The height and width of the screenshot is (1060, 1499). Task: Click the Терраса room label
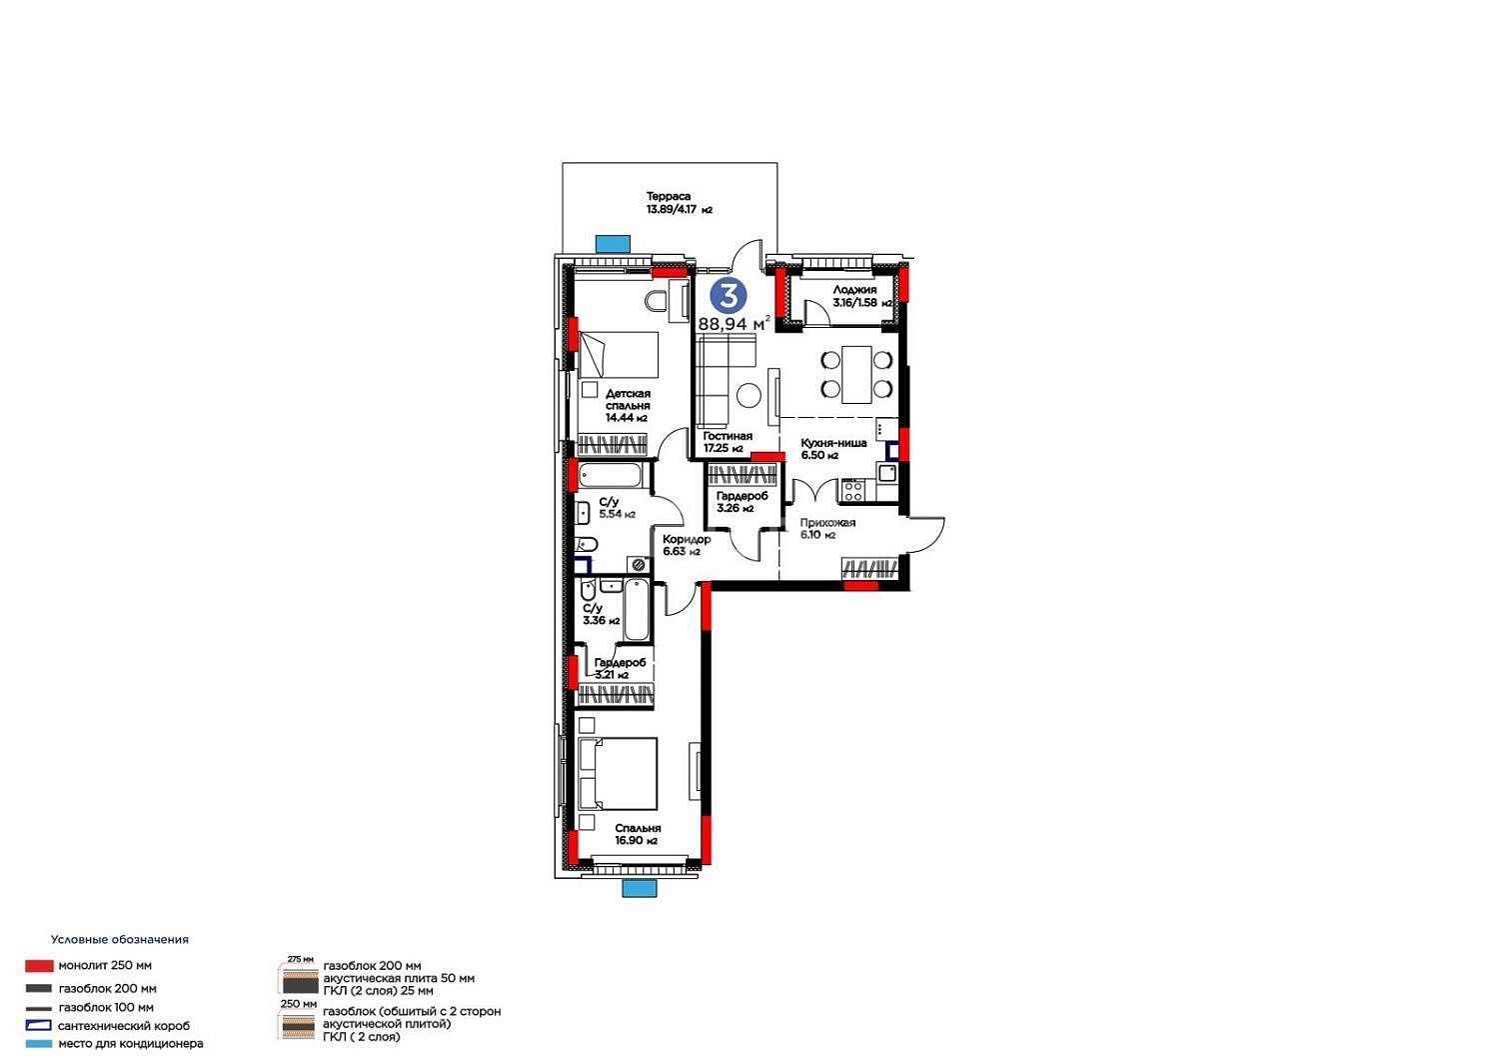(668, 196)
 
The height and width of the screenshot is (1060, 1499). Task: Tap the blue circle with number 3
(729, 295)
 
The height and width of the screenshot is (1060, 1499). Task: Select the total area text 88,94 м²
(735, 323)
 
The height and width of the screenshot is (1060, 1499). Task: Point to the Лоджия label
(854, 290)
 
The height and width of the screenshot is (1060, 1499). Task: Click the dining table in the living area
(856, 374)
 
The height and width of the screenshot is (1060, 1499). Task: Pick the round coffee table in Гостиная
(749, 395)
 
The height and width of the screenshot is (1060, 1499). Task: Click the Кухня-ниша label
(833, 443)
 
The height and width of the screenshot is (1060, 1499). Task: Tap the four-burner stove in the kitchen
(852, 491)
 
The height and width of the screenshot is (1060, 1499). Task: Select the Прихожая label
(827, 522)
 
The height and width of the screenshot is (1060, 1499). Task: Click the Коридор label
(687, 539)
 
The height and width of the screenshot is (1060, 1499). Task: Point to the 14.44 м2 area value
(627, 418)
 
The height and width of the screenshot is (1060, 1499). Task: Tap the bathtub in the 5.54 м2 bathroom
(610, 476)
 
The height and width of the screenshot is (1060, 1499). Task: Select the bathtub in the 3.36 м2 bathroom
(636, 610)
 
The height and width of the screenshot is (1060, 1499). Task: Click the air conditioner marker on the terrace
(613, 244)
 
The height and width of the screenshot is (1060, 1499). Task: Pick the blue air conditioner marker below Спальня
(640, 889)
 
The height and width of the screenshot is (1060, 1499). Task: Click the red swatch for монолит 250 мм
(39, 966)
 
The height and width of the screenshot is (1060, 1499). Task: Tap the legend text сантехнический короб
(124, 1025)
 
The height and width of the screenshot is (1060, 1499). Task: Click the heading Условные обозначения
(120, 939)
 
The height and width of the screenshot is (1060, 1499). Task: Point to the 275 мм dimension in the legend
(301, 960)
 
